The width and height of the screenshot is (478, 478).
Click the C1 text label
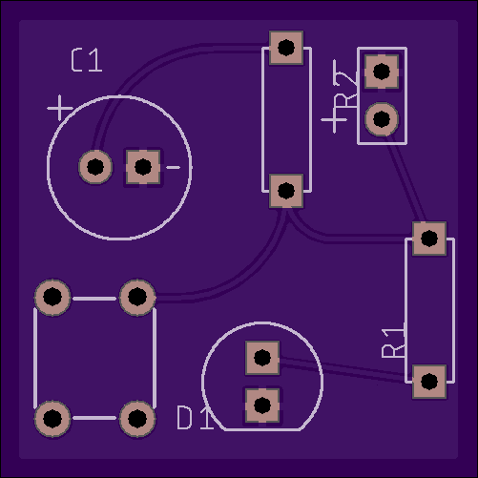click(x=87, y=60)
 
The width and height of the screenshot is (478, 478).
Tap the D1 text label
click(x=195, y=418)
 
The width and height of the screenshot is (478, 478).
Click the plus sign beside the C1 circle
click(x=60, y=108)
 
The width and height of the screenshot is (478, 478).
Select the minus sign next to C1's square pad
click(x=173, y=167)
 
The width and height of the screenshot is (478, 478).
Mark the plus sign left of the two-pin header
click(x=334, y=120)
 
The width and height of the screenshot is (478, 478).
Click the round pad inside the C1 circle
click(x=95, y=167)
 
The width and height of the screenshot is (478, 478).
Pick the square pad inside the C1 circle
click(x=143, y=167)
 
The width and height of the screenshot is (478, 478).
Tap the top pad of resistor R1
click(x=429, y=239)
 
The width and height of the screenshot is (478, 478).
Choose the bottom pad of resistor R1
click(x=429, y=382)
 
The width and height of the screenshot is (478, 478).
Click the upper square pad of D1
click(x=262, y=358)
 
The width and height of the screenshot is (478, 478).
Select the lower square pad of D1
click(x=262, y=405)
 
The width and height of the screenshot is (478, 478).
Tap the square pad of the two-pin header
click(x=382, y=72)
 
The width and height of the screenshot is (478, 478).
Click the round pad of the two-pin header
click(x=382, y=119)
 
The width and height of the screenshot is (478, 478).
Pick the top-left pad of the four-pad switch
click(x=52, y=297)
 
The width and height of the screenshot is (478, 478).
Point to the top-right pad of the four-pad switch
click(x=137, y=297)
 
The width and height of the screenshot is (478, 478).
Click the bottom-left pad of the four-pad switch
click(x=52, y=419)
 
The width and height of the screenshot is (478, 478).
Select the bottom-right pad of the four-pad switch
click(x=137, y=419)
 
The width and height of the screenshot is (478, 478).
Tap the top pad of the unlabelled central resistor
click(x=286, y=48)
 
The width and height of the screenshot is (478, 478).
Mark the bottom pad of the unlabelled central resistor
click(x=286, y=191)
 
